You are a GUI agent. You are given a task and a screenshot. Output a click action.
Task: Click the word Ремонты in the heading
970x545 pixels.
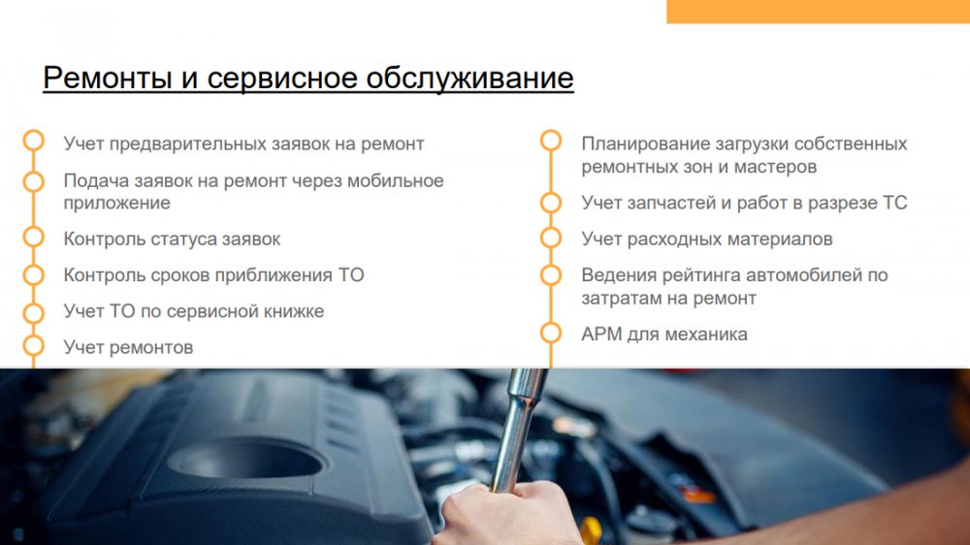tap(107, 78)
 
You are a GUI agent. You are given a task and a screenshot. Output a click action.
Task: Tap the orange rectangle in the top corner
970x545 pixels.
tap(818, 12)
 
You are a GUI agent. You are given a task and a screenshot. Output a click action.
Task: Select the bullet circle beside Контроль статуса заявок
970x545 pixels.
tap(34, 238)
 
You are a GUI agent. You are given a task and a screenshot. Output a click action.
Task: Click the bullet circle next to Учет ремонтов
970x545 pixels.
tap(34, 345)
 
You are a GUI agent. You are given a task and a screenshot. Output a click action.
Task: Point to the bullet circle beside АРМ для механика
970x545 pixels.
tap(551, 333)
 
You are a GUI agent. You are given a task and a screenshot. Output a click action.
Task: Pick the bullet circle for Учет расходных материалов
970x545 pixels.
tap(551, 238)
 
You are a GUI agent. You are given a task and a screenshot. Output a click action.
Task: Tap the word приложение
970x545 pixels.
tap(117, 203)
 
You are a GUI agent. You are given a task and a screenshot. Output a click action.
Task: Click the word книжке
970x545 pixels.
tap(294, 311)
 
